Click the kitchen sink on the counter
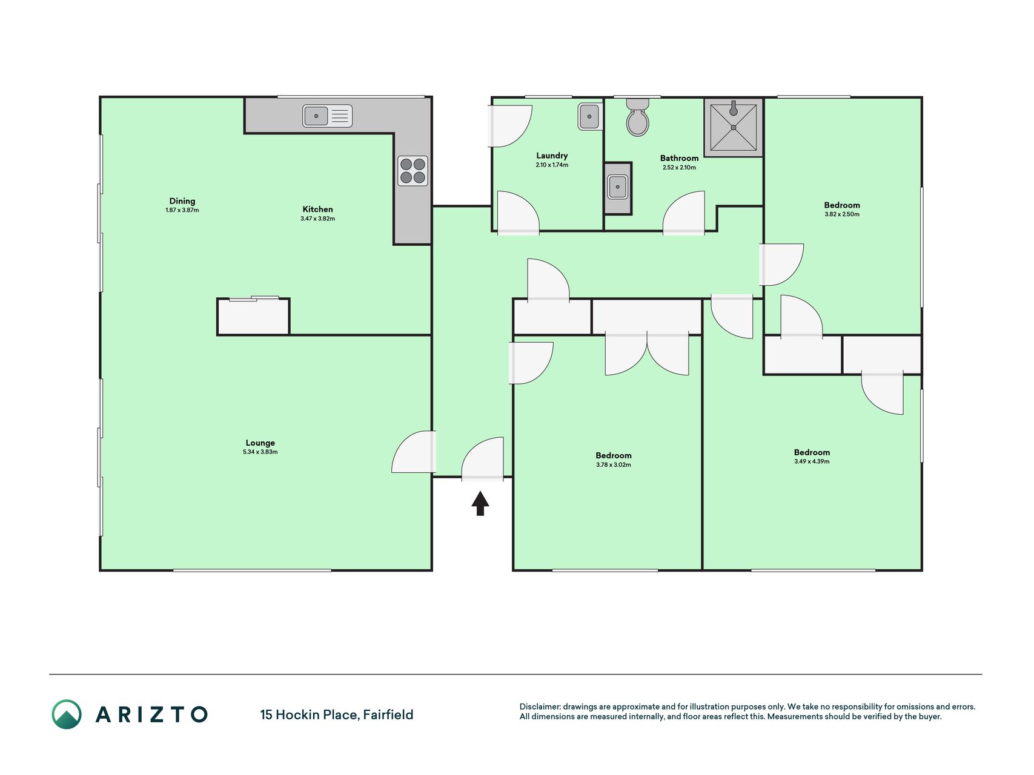[327, 116]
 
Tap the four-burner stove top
[413, 171]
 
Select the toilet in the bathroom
[637, 117]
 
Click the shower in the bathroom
[734, 127]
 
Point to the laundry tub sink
[589, 116]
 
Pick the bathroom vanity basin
[618, 187]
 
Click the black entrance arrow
[480, 503]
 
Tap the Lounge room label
[260, 443]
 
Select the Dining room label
[182, 201]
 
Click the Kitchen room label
[318, 209]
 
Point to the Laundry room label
[552, 156]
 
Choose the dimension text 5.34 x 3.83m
[260, 452]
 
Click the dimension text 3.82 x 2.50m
[842, 214]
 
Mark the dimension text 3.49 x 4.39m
[812, 461]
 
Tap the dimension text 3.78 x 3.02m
[614, 465]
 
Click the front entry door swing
[482, 459]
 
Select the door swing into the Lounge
[414, 452]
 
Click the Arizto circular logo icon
[67, 714]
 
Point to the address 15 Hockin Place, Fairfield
[337, 715]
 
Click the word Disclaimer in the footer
[540, 707]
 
